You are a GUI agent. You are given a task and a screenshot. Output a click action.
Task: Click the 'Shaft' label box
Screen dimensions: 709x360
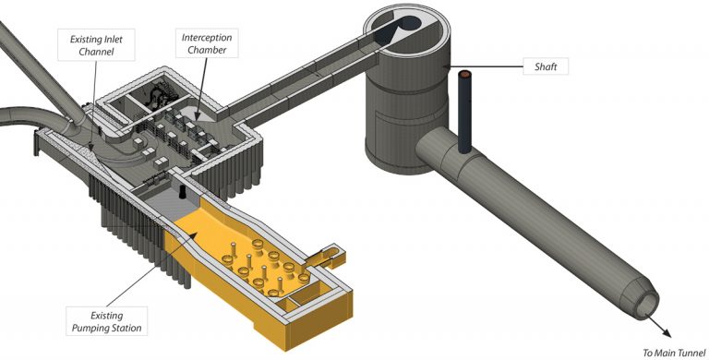tap(546, 66)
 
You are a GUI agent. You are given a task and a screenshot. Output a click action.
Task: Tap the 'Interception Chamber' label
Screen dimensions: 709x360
tap(207, 43)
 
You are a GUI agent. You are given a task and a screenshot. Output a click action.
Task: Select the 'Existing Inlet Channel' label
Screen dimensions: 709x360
tap(96, 45)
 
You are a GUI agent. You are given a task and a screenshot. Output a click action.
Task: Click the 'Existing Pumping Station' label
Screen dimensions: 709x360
tap(106, 321)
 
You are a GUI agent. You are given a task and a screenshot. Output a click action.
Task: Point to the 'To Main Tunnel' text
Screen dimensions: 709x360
tap(674, 353)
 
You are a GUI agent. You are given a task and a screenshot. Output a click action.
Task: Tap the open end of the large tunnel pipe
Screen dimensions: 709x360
tap(647, 306)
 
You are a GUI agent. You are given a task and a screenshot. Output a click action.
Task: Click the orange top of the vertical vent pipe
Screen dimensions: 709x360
tap(465, 74)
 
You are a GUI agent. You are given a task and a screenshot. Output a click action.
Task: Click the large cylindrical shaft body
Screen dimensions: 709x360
tap(407, 104)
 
